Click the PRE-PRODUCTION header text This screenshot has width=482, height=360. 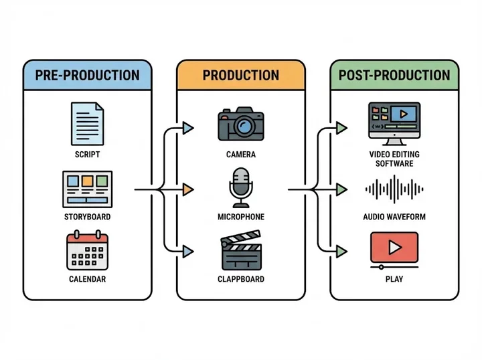pos(88,74)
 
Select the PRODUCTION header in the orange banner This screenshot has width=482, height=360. pos(240,74)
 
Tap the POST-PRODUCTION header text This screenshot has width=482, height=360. pos(394,74)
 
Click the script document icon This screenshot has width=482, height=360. pos(88,123)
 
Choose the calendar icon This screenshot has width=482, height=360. pos(88,250)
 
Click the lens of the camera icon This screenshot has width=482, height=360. pos(244,126)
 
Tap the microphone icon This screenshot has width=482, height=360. pos(240,187)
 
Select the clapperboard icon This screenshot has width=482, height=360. pos(240,250)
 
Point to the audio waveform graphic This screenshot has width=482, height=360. pos(394,190)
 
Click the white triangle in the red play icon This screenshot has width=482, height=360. pos(395,248)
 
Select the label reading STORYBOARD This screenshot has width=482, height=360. pos(88,217)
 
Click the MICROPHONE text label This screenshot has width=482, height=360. pos(240,217)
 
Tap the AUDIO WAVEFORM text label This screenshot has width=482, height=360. pos(394,217)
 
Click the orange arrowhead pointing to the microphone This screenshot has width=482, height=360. pos(188,190)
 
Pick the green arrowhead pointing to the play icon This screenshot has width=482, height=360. pos(342,251)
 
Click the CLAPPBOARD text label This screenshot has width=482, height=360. pos(240,279)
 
